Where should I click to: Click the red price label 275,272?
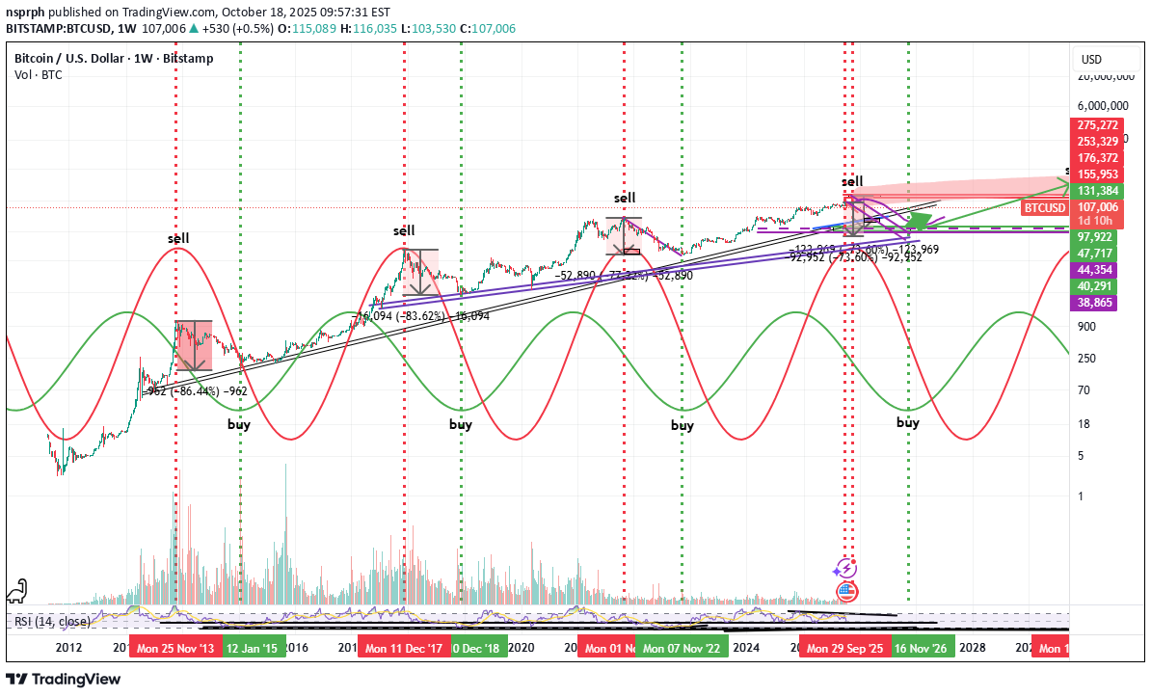click(x=1099, y=125)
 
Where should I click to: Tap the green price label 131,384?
click(x=1099, y=191)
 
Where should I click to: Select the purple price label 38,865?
click(x=1099, y=302)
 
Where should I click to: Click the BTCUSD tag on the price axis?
click(x=1044, y=207)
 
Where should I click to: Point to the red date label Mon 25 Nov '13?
click(x=175, y=649)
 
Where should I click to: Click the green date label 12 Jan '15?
click(x=254, y=649)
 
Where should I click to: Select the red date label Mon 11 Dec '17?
click(x=403, y=649)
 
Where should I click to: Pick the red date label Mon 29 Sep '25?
click(x=845, y=649)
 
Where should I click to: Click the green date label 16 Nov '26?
click(x=923, y=649)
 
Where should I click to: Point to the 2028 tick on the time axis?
click(x=972, y=649)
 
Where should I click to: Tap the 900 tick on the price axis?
click(x=1087, y=326)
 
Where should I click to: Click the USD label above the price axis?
click(x=1091, y=60)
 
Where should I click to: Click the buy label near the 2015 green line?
click(x=239, y=424)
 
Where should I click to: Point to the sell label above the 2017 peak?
click(x=404, y=230)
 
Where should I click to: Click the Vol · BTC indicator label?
click(x=39, y=74)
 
